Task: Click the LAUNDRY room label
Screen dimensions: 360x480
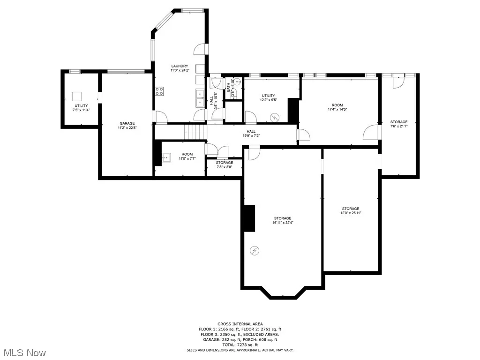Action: click(x=180, y=66)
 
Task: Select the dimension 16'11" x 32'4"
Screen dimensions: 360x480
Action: click(x=283, y=223)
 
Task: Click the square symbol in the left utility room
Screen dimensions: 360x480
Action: click(x=77, y=97)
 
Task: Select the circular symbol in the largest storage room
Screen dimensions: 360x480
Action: click(x=255, y=251)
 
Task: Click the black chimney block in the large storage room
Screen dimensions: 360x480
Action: click(x=249, y=218)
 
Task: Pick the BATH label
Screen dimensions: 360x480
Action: click(x=229, y=87)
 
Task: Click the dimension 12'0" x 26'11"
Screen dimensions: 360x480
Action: click(x=351, y=213)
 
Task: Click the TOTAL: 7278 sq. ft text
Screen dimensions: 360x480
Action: click(x=240, y=345)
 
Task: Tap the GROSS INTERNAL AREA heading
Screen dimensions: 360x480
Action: click(x=240, y=324)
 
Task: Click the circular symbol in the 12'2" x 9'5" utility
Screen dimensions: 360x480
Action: click(x=275, y=117)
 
